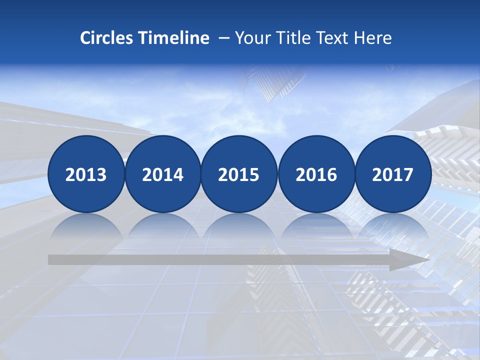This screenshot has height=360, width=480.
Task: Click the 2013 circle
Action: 86,174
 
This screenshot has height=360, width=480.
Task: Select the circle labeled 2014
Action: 162,174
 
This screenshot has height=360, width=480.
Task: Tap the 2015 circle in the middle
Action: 239,174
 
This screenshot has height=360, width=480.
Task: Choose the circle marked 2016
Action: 316,174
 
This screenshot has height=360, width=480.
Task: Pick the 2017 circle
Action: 393,174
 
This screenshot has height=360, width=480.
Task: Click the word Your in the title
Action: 251,37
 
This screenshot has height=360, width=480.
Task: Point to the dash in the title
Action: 224,38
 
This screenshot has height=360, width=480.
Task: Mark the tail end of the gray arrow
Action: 51,260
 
